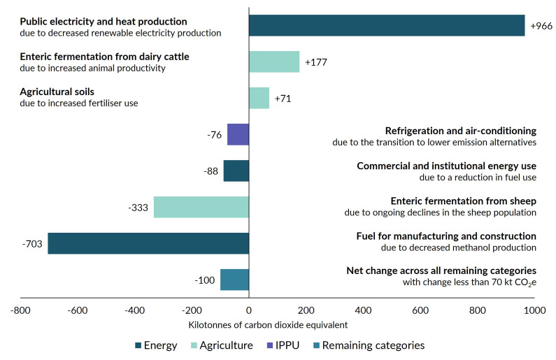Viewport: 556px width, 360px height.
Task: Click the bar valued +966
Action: coord(387,25)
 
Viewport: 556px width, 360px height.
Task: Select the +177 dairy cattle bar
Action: coord(274,62)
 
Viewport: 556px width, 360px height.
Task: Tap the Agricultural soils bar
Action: coord(259,98)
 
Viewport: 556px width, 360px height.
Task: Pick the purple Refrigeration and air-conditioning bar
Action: coord(238,134)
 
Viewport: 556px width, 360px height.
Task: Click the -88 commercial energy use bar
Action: coord(236,171)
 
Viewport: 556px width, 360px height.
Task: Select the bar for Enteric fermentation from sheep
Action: coord(201,207)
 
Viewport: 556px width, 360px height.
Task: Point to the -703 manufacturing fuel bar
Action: coord(148,243)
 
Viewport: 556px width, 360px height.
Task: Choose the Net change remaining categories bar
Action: coord(234,280)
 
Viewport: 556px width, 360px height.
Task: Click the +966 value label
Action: coord(541,25)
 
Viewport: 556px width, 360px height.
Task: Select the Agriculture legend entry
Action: coord(220,345)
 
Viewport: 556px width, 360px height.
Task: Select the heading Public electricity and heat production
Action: coord(104,21)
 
